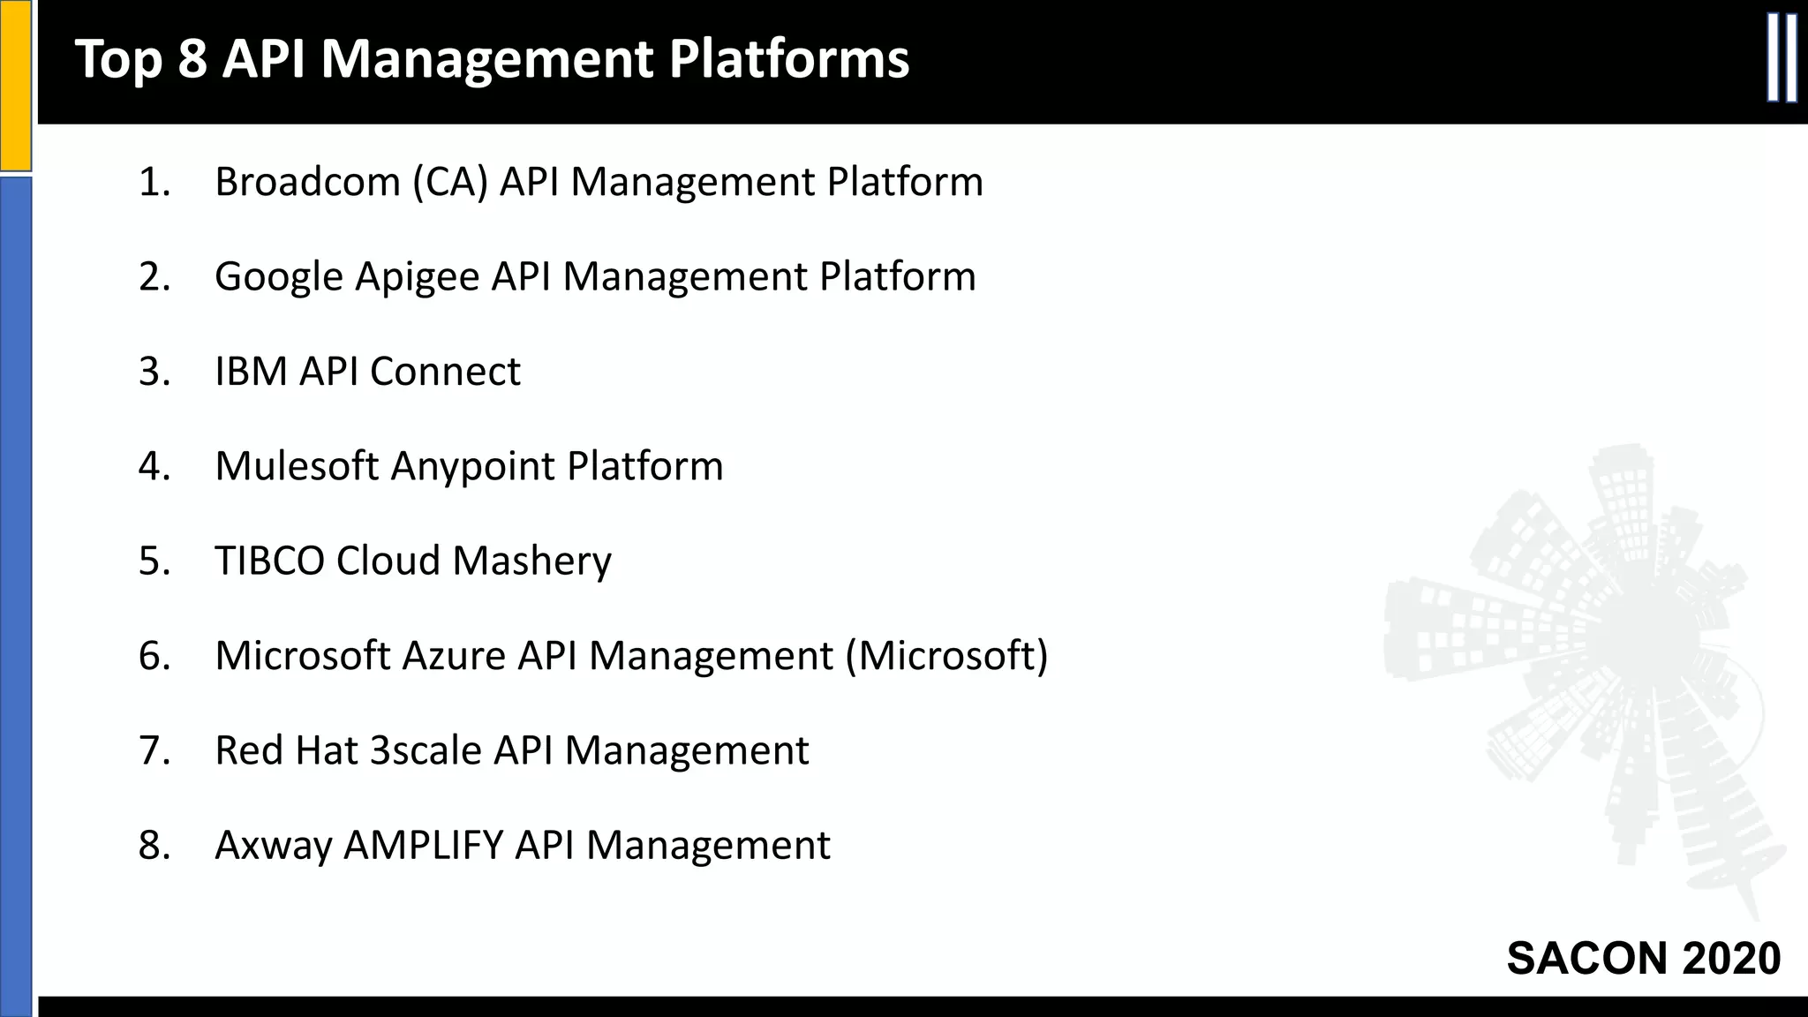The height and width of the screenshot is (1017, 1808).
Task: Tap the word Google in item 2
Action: [279, 277]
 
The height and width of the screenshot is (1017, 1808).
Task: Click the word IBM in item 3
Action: [251, 372]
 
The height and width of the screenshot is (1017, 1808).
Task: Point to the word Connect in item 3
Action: [445, 372]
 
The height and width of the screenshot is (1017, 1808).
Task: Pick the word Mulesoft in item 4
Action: [297, 466]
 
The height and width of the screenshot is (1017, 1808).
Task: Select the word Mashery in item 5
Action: [531, 561]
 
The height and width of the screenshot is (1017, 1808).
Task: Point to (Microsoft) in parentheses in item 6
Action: [946, 656]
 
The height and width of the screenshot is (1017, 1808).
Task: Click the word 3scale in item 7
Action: [426, 750]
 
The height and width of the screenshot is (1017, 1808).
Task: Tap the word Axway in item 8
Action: [274, 846]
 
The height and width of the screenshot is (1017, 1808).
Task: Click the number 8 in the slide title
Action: [192, 59]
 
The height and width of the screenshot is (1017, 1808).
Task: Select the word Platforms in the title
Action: [788, 59]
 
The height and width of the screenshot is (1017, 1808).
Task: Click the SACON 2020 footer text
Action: [1643, 958]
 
